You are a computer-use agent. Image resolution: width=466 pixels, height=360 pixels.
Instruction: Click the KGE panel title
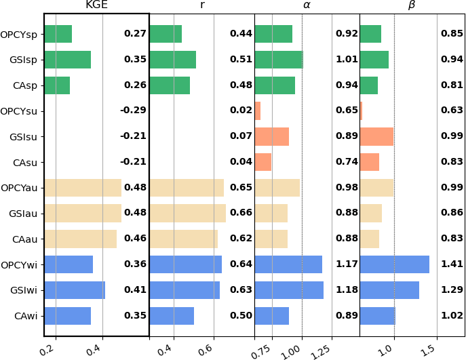[96, 6]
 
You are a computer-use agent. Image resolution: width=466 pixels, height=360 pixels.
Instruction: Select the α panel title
[307, 6]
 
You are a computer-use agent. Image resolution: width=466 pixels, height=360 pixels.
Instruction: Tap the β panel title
[412, 6]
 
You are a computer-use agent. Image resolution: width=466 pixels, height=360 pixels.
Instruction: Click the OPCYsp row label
[19, 34]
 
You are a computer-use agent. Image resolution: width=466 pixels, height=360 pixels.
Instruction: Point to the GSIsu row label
[24, 136]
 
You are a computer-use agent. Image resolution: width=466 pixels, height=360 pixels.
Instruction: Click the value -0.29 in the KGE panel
[134, 111]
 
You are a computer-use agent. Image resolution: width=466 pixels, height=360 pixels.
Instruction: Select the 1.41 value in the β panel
[452, 264]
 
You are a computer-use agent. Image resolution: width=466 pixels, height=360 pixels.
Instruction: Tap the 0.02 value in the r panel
[241, 111]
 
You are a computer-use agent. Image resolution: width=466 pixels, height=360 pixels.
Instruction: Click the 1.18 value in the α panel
[347, 290]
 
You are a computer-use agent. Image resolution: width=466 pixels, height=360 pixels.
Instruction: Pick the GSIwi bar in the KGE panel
[75, 290]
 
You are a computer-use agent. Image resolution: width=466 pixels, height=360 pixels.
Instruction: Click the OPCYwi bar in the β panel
[394, 264]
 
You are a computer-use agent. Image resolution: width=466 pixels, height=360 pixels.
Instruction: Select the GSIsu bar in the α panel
[271, 136]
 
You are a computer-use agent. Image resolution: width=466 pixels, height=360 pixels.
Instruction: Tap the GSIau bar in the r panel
[187, 214]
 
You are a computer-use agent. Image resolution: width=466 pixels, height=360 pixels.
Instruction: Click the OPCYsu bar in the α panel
[257, 111]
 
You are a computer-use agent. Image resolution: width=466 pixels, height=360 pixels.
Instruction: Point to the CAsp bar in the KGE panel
[57, 85]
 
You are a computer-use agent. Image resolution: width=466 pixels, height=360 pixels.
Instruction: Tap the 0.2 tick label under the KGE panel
[47, 350]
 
